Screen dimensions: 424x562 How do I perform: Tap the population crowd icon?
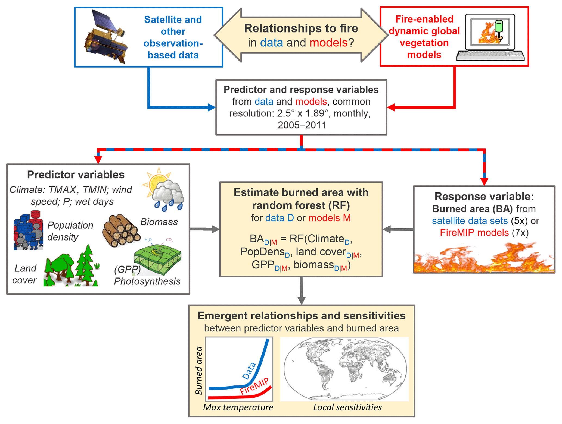point(28,231)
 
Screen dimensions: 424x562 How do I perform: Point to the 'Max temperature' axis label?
point(238,407)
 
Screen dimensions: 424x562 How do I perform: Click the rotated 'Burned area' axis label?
point(199,370)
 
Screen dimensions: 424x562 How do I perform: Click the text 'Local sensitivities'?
point(347,407)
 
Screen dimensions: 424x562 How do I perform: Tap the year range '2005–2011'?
point(302,125)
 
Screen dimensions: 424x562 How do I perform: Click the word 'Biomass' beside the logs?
point(159,222)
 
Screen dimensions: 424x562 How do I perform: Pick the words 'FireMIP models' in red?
point(474,233)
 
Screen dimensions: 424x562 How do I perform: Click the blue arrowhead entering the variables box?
point(212,107)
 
